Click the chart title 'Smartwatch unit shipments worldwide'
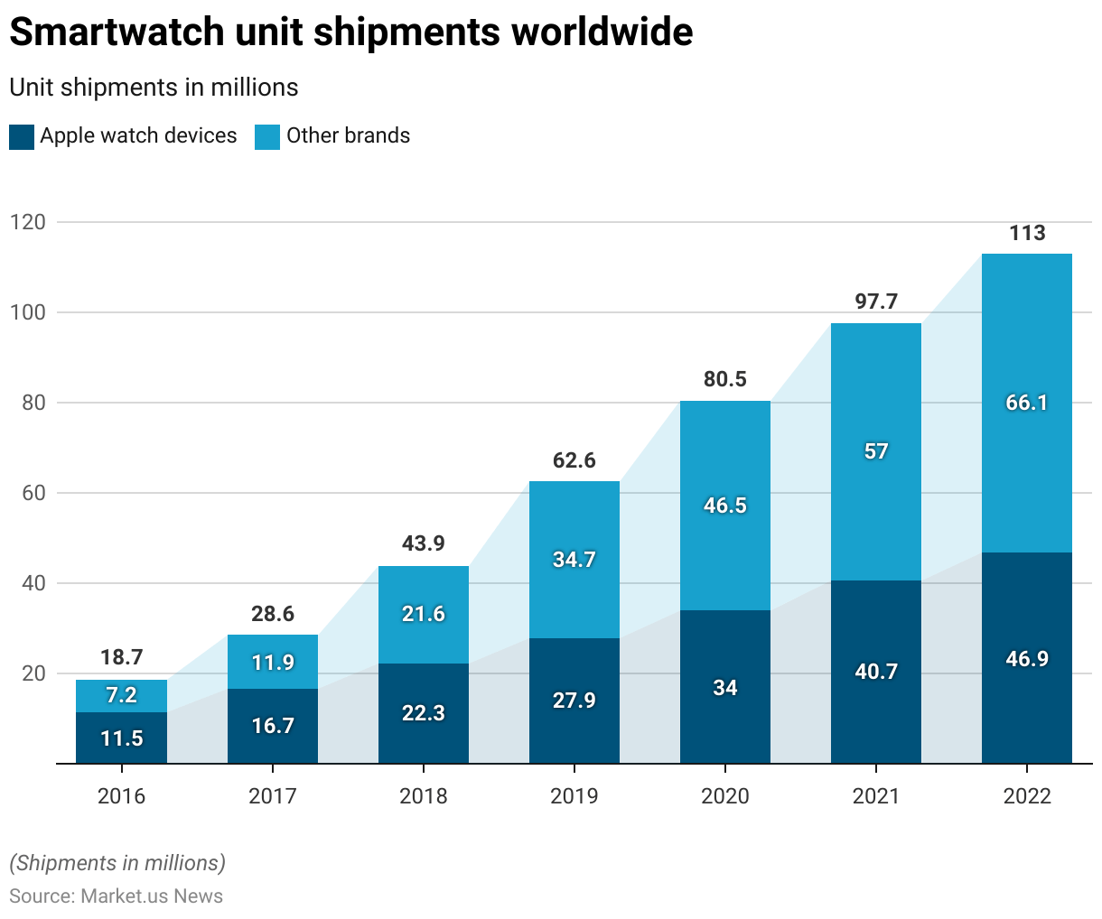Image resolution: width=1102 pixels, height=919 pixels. (350, 32)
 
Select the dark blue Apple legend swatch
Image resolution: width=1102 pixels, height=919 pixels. (22, 136)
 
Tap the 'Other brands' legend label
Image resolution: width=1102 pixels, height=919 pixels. (348, 135)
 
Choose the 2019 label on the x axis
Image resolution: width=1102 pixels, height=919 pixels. (574, 796)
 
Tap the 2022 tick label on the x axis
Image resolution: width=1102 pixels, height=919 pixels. (1027, 796)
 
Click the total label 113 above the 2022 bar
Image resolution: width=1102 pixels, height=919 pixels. (1027, 234)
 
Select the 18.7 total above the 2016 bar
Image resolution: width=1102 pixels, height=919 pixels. (122, 657)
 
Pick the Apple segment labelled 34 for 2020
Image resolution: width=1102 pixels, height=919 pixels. (725, 688)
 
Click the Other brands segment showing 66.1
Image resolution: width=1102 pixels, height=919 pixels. (1027, 403)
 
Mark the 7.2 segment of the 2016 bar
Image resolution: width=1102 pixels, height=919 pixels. (122, 695)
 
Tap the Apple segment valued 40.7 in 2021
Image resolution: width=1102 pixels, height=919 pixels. (876, 672)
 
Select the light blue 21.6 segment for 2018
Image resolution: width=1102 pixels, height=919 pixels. (424, 614)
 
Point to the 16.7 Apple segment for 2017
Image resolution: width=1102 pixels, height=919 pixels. (273, 726)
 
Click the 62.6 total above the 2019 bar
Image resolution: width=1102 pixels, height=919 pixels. (574, 460)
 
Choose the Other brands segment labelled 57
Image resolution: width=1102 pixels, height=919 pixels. (876, 451)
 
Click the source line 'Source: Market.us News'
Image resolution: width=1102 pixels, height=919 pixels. (116, 896)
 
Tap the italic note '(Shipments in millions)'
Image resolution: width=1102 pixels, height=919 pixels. (117, 863)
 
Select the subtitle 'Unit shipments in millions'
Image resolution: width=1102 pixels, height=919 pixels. (154, 88)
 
